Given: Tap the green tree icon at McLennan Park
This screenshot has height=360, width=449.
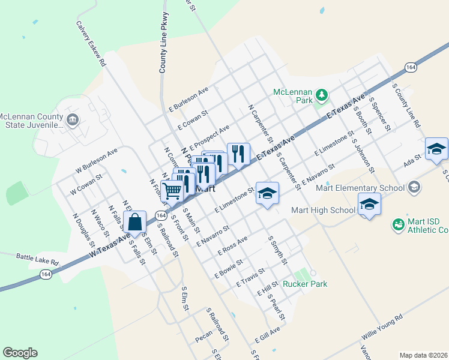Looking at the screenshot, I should point(322,94).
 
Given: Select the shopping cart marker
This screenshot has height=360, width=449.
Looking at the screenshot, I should point(172,191).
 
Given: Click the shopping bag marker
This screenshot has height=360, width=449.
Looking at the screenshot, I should point(135,221).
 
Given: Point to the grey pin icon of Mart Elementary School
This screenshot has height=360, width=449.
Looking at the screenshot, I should point(413,188).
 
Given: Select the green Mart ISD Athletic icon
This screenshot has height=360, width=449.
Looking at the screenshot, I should point(397,225).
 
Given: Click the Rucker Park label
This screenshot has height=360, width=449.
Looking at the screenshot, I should point(305,284).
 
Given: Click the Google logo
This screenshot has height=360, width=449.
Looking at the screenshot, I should point(20,353).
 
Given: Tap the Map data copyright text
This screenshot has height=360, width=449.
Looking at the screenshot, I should point(424,355).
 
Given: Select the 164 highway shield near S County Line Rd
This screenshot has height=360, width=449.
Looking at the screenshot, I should point(411,67).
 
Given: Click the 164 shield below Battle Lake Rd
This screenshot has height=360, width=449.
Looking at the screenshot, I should point(46,274).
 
